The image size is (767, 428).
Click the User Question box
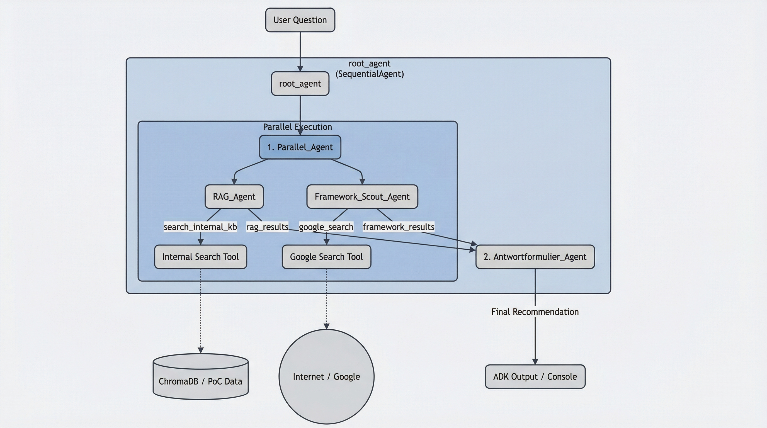pyautogui.click(x=300, y=20)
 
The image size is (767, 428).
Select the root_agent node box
pyautogui.click(x=300, y=84)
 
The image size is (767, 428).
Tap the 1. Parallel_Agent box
pyautogui.click(x=300, y=147)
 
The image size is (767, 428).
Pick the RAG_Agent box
pyautogui.click(x=234, y=196)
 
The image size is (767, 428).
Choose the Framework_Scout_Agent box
pyautogui.click(x=362, y=196)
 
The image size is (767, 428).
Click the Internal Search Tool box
pyautogui.click(x=200, y=257)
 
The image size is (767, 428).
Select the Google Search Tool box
pyautogui.click(x=326, y=257)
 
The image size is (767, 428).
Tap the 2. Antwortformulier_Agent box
pyautogui.click(x=535, y=257)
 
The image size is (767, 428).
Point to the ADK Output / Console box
pyautogui.click(x=535, y=376)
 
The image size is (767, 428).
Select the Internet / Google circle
pyautogui.click(x=326, y=376)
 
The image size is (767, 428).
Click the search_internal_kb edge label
pyautogui.click(x=200, y=227)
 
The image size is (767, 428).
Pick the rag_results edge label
pyautogui.click(x=267, y=227)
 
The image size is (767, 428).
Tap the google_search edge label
pyautogui.click(x=326, y=227)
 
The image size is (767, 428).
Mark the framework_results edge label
pyautogui.click(x=398, y=227)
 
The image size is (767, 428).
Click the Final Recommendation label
pyautogui.click(x=535, y=312)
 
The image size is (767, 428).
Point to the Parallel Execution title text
pyautogui.click(x=297, y=127)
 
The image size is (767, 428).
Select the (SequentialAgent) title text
pyautogui.click(x=370, y=74)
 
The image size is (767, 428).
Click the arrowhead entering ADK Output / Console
pyautogui.click(x=535, y=361)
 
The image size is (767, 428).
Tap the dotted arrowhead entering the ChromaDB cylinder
pyautogui.click(x=200, y=350)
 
